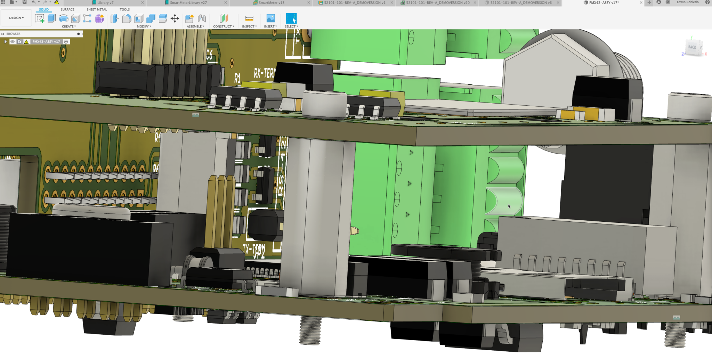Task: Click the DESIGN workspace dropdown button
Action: (x=16, y=18)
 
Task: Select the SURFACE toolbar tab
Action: (x=67, y=9)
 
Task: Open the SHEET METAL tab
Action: (x=97, y=9)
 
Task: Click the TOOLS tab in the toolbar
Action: (x=124, y=9)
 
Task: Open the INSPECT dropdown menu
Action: (x=249, y=26)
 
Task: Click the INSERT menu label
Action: (x=270, y=26)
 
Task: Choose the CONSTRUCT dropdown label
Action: (x=224, y=26)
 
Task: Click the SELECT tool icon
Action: (x=291, y=18)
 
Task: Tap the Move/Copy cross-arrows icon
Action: (x=175, y=18)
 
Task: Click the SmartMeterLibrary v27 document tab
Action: (x=188, y=3)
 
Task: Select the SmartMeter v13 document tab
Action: (x=271, y=3)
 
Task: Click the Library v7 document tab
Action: (x=105, y=3)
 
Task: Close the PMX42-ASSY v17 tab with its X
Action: (x=641, y=3)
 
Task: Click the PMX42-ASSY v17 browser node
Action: (x=46, y=42)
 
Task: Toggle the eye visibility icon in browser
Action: (x=13, y=42)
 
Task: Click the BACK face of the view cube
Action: (x=692, y=47)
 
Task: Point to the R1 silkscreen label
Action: (x=237, y=79)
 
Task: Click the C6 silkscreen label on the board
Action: (x=209, y=55)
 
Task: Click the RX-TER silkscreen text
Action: (x=264, y=73)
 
